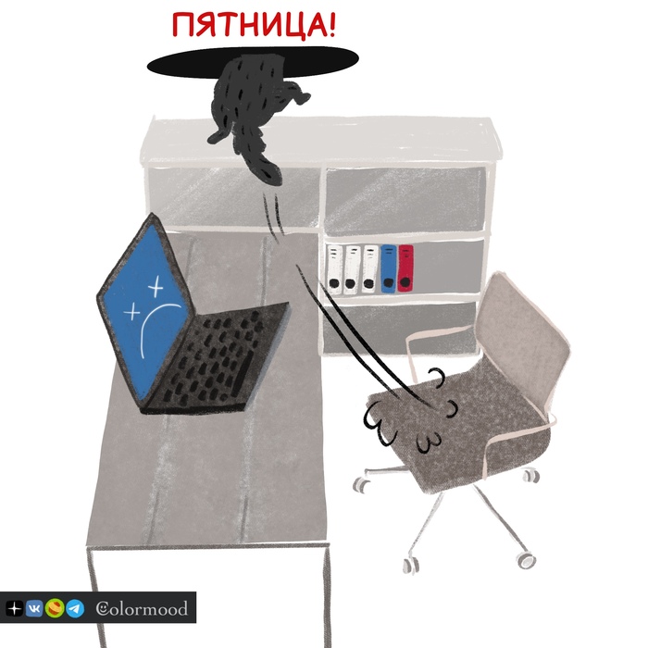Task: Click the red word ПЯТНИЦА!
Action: (254, 24)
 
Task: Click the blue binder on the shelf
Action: (389, 268)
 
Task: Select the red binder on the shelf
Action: (405, 268)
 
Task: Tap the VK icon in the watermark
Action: (34, 609)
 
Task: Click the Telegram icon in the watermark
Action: (75, 609)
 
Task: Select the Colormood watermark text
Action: (142, 609)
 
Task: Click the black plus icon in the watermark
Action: (14, 609)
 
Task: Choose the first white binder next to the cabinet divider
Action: (335, 269)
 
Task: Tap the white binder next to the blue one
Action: (370, 268)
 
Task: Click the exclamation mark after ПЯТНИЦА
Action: (330, 24)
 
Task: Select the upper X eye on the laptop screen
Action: (156, 285)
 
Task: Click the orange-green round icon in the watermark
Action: (55, 609)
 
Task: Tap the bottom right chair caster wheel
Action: (527, 560)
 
